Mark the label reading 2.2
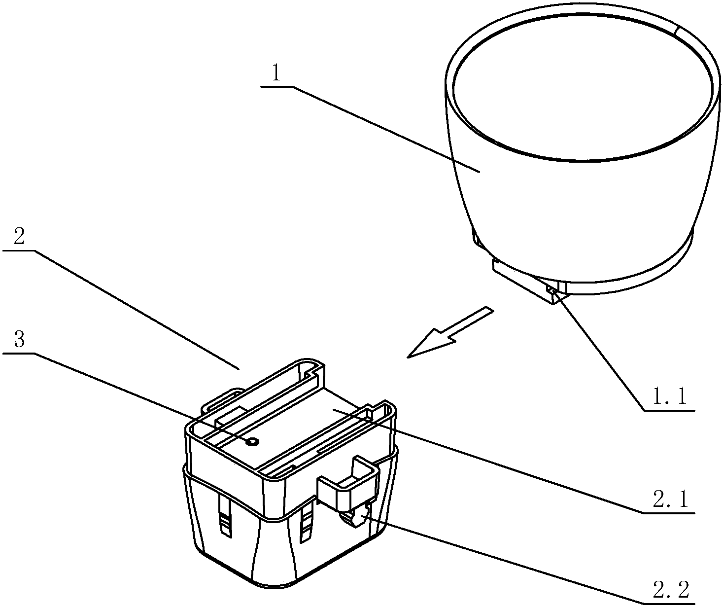click(x=669, y=590)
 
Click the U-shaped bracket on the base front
click(x=348, y=485)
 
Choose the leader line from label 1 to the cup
click(x=384, y=129)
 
